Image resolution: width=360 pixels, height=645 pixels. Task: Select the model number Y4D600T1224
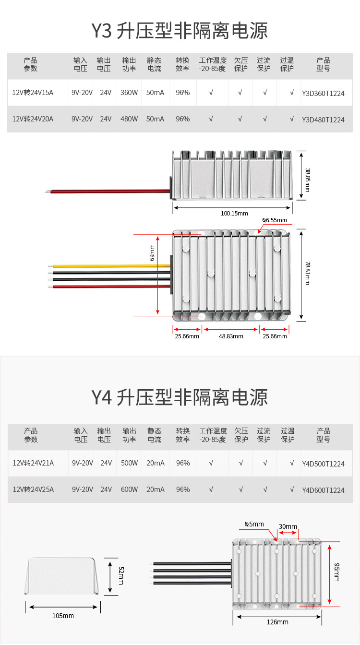pyautogui.click(x=323, y=490)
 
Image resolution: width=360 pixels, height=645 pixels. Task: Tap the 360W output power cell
pyautogui.click(x=129, y=92)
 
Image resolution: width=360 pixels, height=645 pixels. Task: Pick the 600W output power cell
pyautogui.click(x=129, y=490)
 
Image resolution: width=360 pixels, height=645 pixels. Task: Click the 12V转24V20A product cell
pyautogui.click(x=33, y=119)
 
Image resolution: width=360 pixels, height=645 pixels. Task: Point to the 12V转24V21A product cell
pyautogui.click(x=33, y=463)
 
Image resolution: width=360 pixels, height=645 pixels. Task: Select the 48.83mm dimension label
pyautogui.click(x=231, y=336)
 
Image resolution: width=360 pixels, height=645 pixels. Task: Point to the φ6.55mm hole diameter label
pyautogui.click(x=274, y=220)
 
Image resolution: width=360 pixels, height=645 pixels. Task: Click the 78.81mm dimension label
pyautogui.click(x=308, y=273)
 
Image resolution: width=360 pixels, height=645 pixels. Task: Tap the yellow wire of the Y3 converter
pyautogui.click(x=110, y=265)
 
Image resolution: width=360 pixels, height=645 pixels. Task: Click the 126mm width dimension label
pyautogui.click(x=277, y=622)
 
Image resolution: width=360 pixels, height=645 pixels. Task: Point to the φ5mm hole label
pyautogui.click(x=254, y=524)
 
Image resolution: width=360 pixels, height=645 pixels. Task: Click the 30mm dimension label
pyautogui.click(x=288, y=526)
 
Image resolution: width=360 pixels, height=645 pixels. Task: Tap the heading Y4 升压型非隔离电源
pyautogui.click(x=180, y=398)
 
